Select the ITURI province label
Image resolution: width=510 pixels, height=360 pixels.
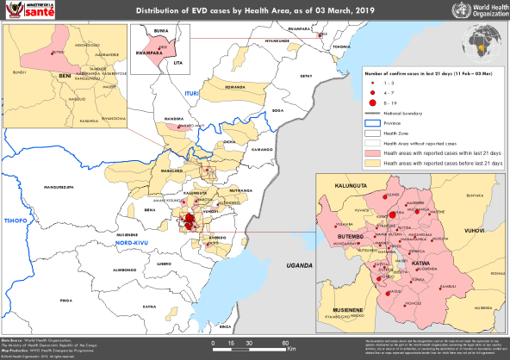(190, 90)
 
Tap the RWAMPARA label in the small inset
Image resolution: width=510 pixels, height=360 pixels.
(146, 49)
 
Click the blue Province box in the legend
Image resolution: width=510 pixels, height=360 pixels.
(373, 124)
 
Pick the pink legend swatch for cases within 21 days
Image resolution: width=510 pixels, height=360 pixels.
(373, 152)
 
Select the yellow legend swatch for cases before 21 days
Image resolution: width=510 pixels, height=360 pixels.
(373, 162)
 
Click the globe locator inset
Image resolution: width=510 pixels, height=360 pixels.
(482, 40)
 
